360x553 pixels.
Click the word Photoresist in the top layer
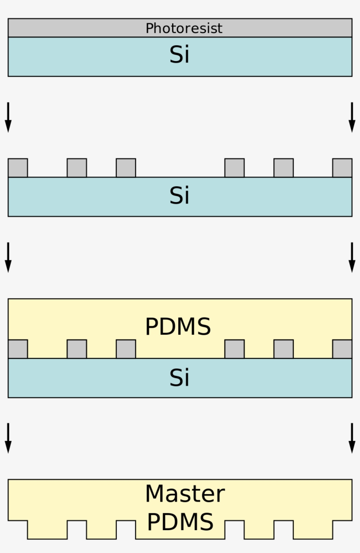[184, 29]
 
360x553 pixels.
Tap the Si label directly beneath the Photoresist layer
[180, 56]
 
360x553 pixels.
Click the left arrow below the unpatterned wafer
[8, 117]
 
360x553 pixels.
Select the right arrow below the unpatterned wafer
[352, 117]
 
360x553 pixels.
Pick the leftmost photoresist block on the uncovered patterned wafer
[18, 168]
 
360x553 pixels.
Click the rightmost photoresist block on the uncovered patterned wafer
[342, 168]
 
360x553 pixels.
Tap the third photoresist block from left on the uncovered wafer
[126, 168]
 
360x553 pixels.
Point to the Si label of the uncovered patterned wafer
[180, 196]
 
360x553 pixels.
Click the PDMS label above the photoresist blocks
[178, 327]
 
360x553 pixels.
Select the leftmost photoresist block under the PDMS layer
[18, 349]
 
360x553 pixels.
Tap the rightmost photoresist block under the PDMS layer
[342, 349]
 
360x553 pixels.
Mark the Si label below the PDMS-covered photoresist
[180, 378]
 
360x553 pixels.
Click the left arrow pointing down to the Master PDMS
[8, 438]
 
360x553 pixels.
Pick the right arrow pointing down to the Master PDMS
[352, 438]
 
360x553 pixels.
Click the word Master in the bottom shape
[185, 494]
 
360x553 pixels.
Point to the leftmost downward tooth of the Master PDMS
[47, 530]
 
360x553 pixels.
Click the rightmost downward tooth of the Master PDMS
[313, 530]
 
